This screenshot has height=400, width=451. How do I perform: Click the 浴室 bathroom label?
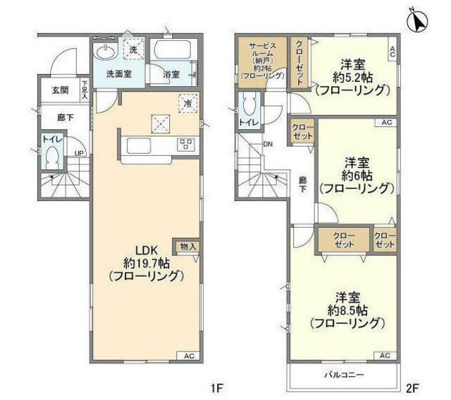click(x=171, y=74)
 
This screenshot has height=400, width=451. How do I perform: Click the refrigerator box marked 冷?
click(x=188, y=102)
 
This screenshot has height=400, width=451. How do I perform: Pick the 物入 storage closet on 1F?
click(x=188, y=246)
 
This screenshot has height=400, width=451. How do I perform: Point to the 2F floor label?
click(x=412, y=387)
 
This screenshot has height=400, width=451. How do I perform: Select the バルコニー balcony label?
click(x=343, y=375)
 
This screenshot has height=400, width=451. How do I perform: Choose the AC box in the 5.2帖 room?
click(x=393, y=50)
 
